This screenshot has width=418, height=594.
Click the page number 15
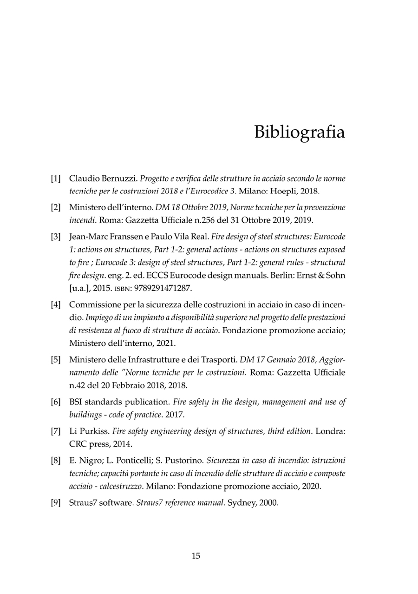196,555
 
